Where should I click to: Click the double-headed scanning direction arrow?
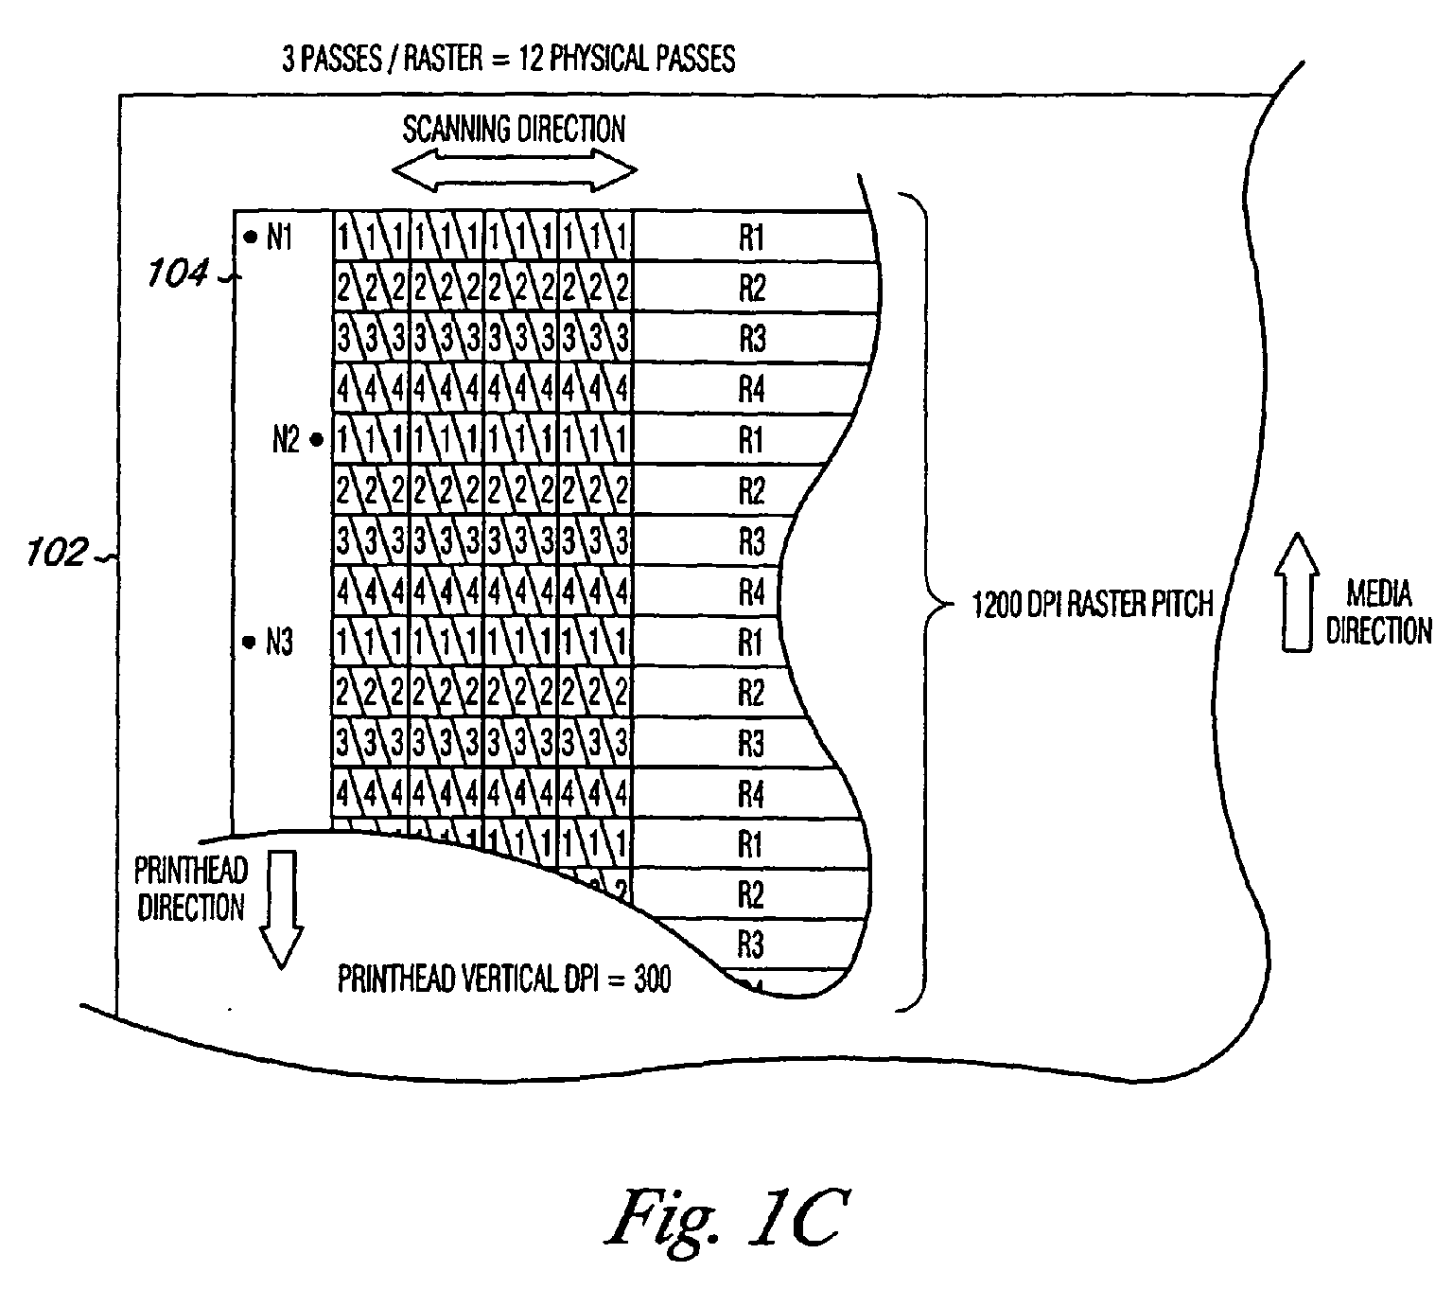[x=515, y=170]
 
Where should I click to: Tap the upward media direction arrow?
[x=1297, y=592]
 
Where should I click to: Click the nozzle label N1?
[x=280, y=237]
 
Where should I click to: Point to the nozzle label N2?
[x=286, y=439]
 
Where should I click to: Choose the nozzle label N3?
[x=280, y=643]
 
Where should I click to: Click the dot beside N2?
[x=316, y=439]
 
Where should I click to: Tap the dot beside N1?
[x=251, y=236]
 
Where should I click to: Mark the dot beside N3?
[x=249, y=642]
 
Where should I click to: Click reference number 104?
[x=177, y=274]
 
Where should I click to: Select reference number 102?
[x=57, y=552]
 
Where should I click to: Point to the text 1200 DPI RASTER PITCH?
[x=1093, y=605]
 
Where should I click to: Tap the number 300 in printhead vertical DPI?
[x=653, y=979]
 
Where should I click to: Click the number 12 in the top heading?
[x=532, y=59]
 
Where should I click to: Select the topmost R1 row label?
[x=752, y=238]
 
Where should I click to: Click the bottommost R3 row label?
[x=750, y=945]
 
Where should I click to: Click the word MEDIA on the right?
[x=1379, y=593]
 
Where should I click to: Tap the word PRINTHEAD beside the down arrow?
[x=191, y=871]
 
